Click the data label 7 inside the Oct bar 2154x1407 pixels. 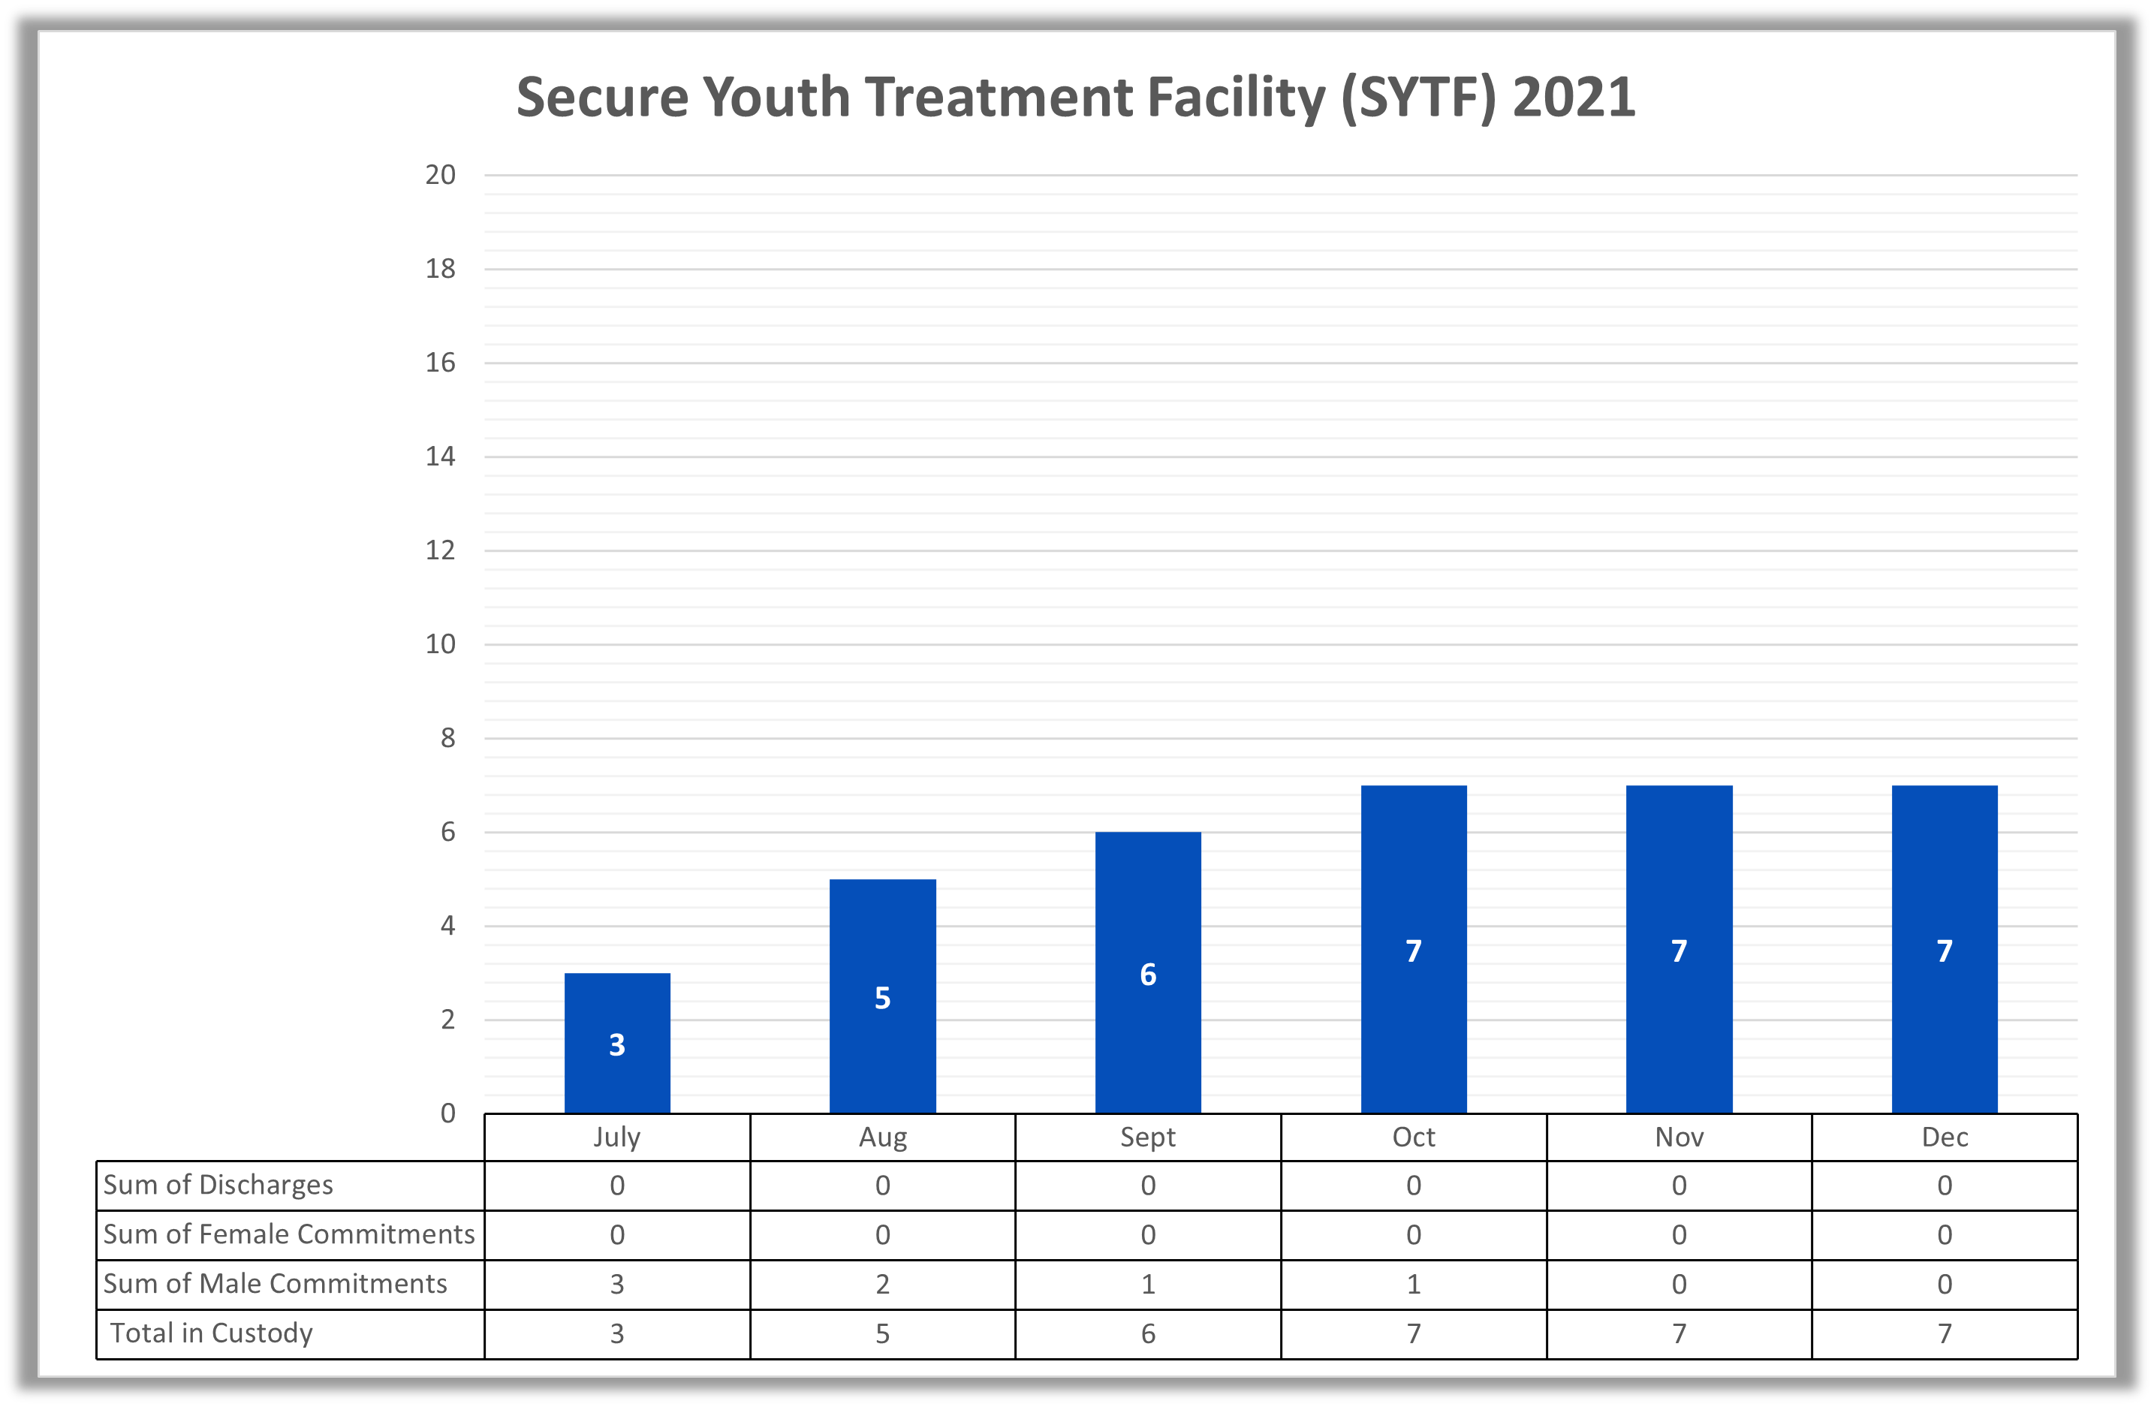pos(1414,951)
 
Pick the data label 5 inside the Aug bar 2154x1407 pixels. pos(882,998)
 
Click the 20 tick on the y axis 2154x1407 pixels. pos(441,176)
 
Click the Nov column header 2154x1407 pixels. pos(1679,1137)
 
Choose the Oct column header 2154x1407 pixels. pos(1414,1137)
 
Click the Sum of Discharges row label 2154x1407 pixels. pos(218,1186)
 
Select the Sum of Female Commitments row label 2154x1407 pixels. pos(289,1234)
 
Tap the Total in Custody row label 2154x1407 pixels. pos(212,1333)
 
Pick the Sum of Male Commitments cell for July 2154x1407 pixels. pos(617,1284)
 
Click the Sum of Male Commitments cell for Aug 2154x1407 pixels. pos(882,1284)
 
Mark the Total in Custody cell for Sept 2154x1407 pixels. pos(1148,1333)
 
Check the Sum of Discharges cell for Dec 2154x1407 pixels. pos(1944,1186)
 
